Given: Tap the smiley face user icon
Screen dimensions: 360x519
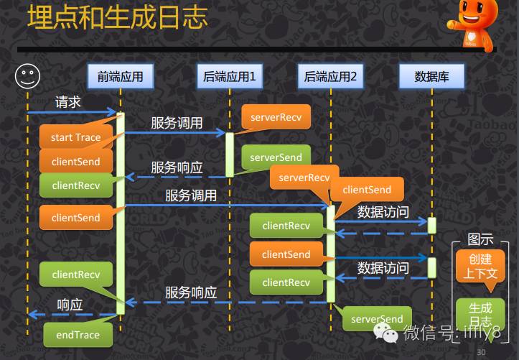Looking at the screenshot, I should click(27, 75).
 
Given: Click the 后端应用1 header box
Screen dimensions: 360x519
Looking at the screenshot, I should click(230, 76).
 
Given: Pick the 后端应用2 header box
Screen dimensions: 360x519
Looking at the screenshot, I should click(330, 76).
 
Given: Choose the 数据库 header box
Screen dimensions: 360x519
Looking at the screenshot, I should click(432, 76).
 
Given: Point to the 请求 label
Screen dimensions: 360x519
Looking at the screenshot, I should click(68, 102).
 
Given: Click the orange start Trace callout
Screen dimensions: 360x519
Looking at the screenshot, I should click(75, 137).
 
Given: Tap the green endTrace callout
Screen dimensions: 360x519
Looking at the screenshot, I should click(78, 334).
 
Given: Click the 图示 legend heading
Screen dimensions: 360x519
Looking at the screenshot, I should click(480, 240).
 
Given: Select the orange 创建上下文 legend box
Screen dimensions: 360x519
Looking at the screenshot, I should click(480, 266).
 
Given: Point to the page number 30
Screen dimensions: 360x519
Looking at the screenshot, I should click(481, 352).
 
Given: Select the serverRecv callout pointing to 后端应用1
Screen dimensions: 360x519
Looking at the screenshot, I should click(276, 116).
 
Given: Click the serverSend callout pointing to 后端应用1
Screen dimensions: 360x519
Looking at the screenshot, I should click(276, 157).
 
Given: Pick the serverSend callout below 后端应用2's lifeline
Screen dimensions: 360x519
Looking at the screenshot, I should click(377, 319).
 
